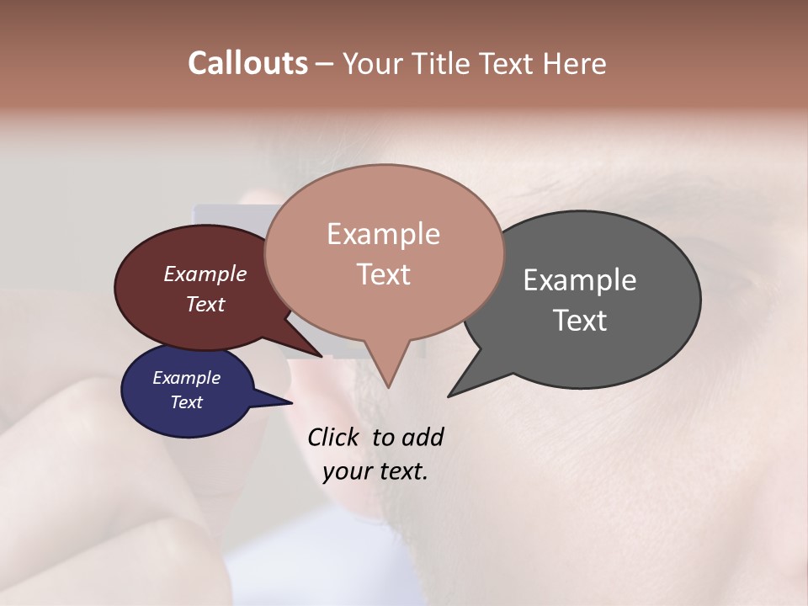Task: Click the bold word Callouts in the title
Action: point(247,63)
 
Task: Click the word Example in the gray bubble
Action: point(579,280)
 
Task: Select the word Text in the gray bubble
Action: point(579,321)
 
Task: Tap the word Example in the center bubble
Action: point(383,234)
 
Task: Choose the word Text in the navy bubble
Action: point(186,402)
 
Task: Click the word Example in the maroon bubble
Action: point(205,274)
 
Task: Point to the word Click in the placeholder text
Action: point(334,437)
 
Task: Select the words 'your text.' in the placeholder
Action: point(375,471)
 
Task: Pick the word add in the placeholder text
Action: point(422,437)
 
